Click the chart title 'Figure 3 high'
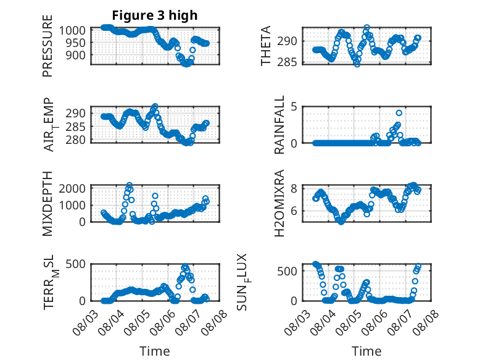(x=155, y=15)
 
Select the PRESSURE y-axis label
(x=48, y=46)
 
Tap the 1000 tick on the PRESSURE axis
(x=72, y=31)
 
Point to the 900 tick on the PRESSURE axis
(x=75, y=56)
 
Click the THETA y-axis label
(x=266, y=46)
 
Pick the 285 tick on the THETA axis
(x=287, y=62)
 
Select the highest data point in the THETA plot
(x=366, y=28)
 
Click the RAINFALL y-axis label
(x=279, y=125)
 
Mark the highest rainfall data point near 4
(x=399, y=113)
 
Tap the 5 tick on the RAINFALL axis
(x=294, y=107)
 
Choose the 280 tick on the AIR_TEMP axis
(x=75, y=140)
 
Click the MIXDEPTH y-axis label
(x=48, y=203)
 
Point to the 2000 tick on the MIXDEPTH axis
(x=72, y=188)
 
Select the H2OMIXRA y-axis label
(x=279, y=203)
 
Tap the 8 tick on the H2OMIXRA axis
(x=294, y=188)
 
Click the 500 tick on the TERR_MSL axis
(x=75, y=264)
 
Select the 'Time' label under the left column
(x=155, y=351)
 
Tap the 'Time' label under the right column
(x=366, y=351)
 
